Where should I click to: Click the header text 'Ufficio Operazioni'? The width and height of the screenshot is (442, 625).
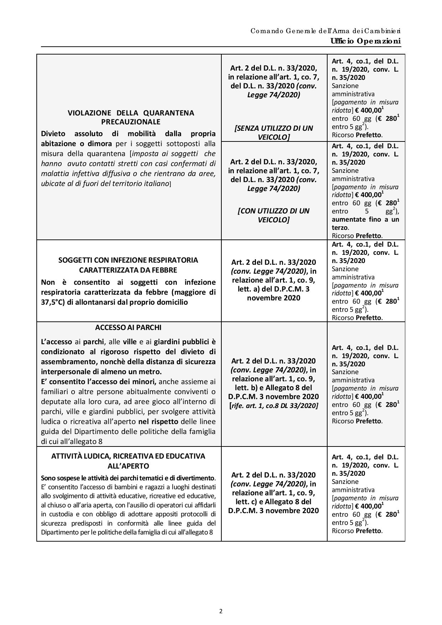pyautogui.click(x=365, y=41)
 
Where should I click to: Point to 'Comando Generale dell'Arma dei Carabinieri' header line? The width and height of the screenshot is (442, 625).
pyautogui.click(x=325, y=31)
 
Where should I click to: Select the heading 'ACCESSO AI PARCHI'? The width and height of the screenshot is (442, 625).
pyautogui.click(x=128, y=327)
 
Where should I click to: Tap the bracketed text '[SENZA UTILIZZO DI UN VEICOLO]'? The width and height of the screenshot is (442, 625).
pyautogui.click(x=274, y=133)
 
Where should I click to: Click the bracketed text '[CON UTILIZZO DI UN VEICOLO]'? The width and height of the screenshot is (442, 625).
pyautogui.click(x=274, y=215)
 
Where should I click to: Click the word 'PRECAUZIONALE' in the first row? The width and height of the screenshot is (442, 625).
pyautogui.click(x=131, y=122)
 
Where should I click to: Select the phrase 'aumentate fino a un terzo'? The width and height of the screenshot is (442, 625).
pyautogui.click(x=365, y=223)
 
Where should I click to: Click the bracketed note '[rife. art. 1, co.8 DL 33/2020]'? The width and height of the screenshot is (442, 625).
pyautogui.click(x=274, y=406)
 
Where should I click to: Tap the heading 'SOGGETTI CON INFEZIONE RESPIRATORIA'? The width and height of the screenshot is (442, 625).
pyautogui.click(x=128, y=260)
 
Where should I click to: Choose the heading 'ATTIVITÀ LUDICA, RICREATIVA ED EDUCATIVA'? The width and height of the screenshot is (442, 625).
pyautogui.click(x=128, y=456)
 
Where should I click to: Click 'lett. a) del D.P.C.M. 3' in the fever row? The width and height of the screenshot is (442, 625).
pyautogui.click(x=274, y=289)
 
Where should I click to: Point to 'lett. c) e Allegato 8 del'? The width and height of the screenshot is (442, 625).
pyautogui.click(x=274, y=502)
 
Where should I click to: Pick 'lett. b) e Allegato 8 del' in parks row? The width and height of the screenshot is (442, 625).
pyautogui.click(x=274, y=388)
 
